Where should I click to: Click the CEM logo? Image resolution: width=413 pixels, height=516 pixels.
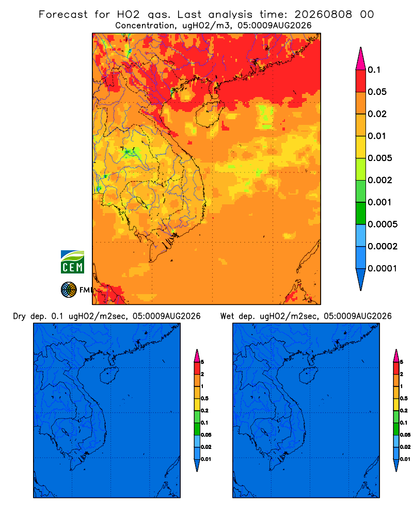click(x=72, y=262)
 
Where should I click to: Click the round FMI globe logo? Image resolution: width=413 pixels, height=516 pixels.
click(x=69, y=290)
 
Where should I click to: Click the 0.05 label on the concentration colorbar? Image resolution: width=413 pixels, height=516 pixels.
click(x=377, y=92)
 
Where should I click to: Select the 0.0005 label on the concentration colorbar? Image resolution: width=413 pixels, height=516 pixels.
click(x=383, y=224)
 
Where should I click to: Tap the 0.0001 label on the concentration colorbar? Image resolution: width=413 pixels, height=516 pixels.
click(x=383, y=268)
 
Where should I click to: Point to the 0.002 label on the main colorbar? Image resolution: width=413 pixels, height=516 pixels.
click(x=380, y=180)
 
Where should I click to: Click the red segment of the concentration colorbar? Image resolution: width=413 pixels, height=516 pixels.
click(x=361, y=80)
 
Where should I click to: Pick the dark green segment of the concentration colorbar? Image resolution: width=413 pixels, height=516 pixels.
click(x=361, y=213)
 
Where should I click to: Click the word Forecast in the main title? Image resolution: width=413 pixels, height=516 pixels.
click(x=63, y=14)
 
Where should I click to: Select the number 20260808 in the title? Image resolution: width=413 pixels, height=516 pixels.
click(x=323, y=14)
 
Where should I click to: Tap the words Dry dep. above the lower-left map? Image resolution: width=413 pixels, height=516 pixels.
click(x=29, y=316)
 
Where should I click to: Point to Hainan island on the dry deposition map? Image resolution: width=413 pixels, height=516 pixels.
click(x=109, y=376)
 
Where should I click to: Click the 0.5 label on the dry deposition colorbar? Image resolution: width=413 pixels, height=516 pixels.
click(x=204, y=398)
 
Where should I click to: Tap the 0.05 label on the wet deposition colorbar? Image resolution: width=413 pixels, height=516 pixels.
click(x=405, y=435)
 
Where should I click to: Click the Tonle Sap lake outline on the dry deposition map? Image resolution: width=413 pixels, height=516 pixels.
click(x=65, y=431)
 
